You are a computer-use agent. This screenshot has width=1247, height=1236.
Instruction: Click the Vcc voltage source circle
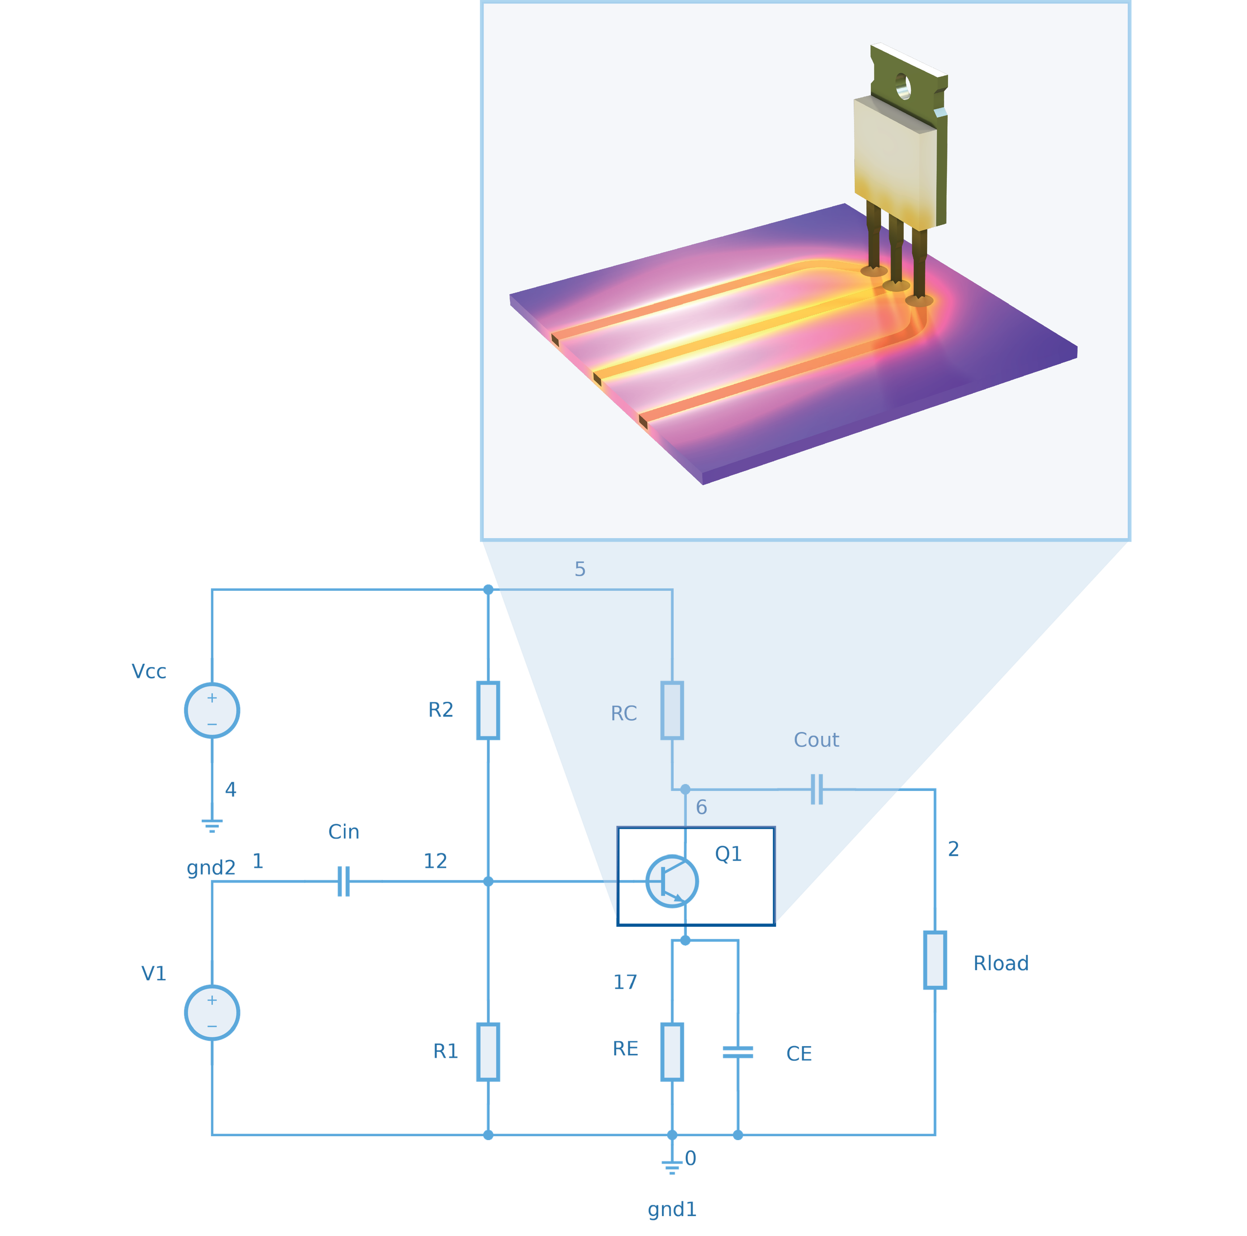coord(212,711)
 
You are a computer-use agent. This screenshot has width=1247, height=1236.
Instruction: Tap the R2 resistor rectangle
coord(489,711)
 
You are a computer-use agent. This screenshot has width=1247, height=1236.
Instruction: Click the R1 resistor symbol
coord(489,1052)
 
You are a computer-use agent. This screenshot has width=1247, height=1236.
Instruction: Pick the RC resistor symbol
coord(673,711)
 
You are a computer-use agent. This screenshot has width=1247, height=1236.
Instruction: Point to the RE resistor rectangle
coord(673,1052)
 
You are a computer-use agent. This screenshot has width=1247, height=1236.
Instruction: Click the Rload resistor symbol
coord(935,960)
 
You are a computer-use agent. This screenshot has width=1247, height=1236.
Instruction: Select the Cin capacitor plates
coord(344,881)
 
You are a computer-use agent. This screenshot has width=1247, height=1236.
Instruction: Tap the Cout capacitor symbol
coord(817,789)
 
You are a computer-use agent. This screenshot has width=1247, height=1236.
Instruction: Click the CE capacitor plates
coord(738,1053)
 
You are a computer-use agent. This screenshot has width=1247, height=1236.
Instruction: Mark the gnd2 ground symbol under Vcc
coord(212,826)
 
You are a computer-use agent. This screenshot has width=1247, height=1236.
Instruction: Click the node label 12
coord(435,861)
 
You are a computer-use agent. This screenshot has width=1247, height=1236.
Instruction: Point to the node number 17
coord(625,982)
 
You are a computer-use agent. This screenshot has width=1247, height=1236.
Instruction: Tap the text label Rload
coord(1001,964)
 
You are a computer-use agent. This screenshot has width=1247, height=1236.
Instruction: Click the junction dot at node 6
coord(685,789)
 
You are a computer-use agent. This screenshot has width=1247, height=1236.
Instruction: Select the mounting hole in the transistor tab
coord(904,87)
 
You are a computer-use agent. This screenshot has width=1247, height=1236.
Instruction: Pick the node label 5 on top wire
coord(580,569)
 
